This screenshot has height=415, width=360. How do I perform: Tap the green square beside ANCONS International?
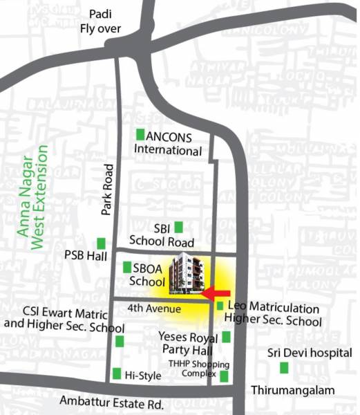(141, 135)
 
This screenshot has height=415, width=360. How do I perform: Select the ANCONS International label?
(169, 143)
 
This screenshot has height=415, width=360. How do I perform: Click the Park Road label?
(107, 190)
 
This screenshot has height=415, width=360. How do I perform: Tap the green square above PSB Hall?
(102, 243)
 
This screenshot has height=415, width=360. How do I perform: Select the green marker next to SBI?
(178, 227)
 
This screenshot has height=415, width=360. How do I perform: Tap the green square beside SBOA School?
(127, 267)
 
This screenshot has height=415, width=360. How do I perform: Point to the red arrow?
(218, 293)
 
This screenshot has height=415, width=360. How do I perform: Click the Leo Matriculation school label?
(274, 315)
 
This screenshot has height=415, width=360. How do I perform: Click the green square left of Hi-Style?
(117, 374)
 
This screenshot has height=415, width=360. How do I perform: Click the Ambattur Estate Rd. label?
(111, 402)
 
